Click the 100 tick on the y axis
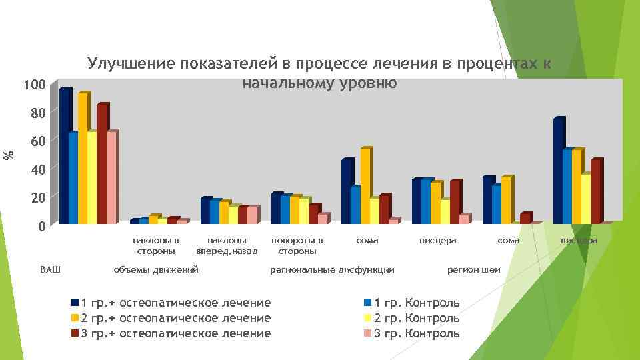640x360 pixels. pyautogui.click(x=33, y=85)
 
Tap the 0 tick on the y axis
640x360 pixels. pyautogui.click(x=41, y=227)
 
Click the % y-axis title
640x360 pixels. pyautogui.click(x=9, y=155)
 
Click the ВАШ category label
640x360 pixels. pyautogui.click(x=50, y=269)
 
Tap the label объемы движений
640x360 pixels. pyautogui.click(x=156, y=269)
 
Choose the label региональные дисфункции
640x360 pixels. pyautogui.click(x=331, y=269)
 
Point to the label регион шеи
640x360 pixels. pyautogui.click(x=473, y=269)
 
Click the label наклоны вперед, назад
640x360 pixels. pyautogui.click(x=227, y=245)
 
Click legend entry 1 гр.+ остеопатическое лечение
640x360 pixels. pyautogui.click(x=175, y=303)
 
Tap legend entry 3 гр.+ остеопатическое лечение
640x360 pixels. pyautogui.click(x=175, y=333)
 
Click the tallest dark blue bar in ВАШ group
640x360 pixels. pyautogui.click(x=64, y=157)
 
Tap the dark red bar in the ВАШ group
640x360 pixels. pyautogui.click(x=101, y=164)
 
